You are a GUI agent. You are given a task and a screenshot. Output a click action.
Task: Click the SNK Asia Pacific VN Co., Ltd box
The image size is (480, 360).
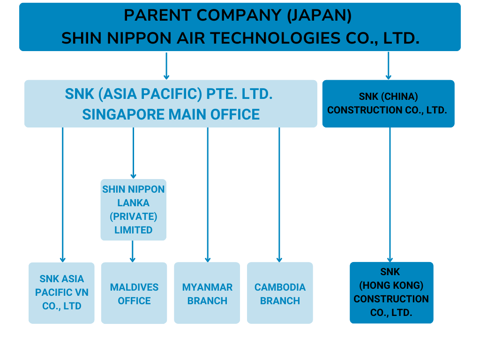click(61, 293)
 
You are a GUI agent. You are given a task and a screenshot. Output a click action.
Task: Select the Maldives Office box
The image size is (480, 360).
click(134, 293)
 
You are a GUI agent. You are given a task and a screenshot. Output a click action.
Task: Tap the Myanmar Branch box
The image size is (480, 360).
click(207, 293)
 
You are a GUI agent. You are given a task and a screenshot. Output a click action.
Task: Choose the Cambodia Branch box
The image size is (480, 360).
click(280, 293)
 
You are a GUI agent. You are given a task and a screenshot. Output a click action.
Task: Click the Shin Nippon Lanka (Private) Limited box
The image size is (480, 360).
click(134, 210)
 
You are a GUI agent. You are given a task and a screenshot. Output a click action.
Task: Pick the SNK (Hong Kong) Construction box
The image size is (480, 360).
click(391, 292)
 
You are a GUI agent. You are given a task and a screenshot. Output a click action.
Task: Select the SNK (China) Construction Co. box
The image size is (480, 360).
click(389, 104)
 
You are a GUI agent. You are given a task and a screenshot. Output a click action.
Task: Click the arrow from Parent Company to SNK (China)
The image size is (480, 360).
click(389, 66)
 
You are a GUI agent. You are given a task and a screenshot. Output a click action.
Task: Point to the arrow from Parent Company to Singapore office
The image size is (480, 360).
click(166, 66)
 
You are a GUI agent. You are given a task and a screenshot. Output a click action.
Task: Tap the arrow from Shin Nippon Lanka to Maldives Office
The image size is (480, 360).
click(133, 251)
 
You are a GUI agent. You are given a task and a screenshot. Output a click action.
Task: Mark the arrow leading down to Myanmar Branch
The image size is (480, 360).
click(208, 195)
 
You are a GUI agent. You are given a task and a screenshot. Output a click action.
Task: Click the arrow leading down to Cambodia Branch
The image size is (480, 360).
click(279, 195)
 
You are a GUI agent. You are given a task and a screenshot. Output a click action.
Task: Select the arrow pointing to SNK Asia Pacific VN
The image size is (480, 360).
click(63, 195)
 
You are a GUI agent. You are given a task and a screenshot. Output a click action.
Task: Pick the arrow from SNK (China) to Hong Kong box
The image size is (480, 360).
click(390, 195)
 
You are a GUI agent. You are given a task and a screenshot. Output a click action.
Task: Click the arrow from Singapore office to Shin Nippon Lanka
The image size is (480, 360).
click(133, 153)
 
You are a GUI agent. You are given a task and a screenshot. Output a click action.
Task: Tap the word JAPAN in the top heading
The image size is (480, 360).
click(319, 15)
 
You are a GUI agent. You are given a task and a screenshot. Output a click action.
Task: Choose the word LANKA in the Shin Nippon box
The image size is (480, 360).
click(134, 203)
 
